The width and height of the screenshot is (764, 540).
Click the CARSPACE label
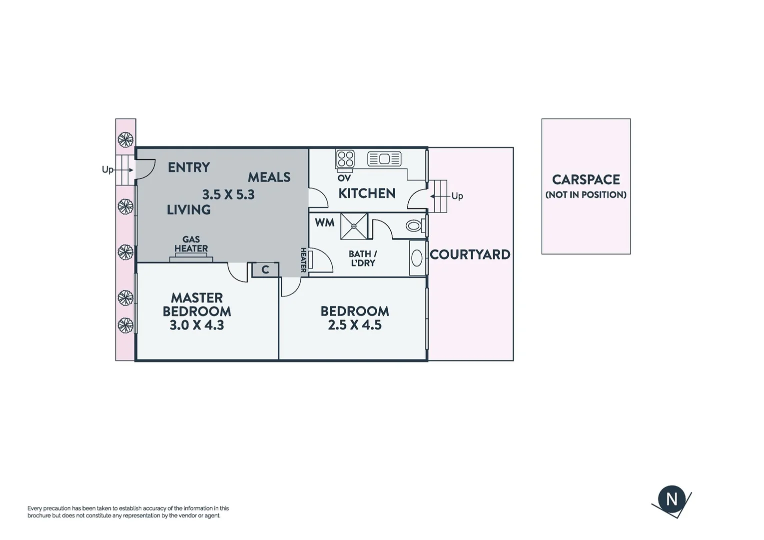click(586, 179)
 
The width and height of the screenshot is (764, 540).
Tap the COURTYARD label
click(470, 254)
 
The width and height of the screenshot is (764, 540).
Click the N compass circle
click(672, 499)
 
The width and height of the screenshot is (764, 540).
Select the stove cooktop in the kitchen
click(345, 159)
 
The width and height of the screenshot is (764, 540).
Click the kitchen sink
click(384, 159)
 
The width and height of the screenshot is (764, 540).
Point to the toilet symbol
click(413, 226)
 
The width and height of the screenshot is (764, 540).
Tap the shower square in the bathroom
click(354, 226)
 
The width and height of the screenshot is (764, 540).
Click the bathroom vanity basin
click(417, 258)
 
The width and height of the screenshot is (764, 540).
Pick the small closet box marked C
click(265, 270)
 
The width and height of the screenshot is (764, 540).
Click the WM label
click(324, 223)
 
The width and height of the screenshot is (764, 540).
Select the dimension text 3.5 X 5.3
click(228, 194)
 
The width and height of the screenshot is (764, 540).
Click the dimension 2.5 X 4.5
click(355, 325)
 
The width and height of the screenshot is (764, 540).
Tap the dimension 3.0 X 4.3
click(196, 325)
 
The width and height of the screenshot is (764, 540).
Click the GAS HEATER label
click(191, 244)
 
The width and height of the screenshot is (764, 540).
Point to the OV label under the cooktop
click(344, 178)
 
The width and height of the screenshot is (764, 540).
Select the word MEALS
click(269, 177)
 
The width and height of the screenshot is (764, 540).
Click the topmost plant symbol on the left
click(125, 138)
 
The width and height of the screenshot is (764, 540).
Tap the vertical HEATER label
click(303, 260)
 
